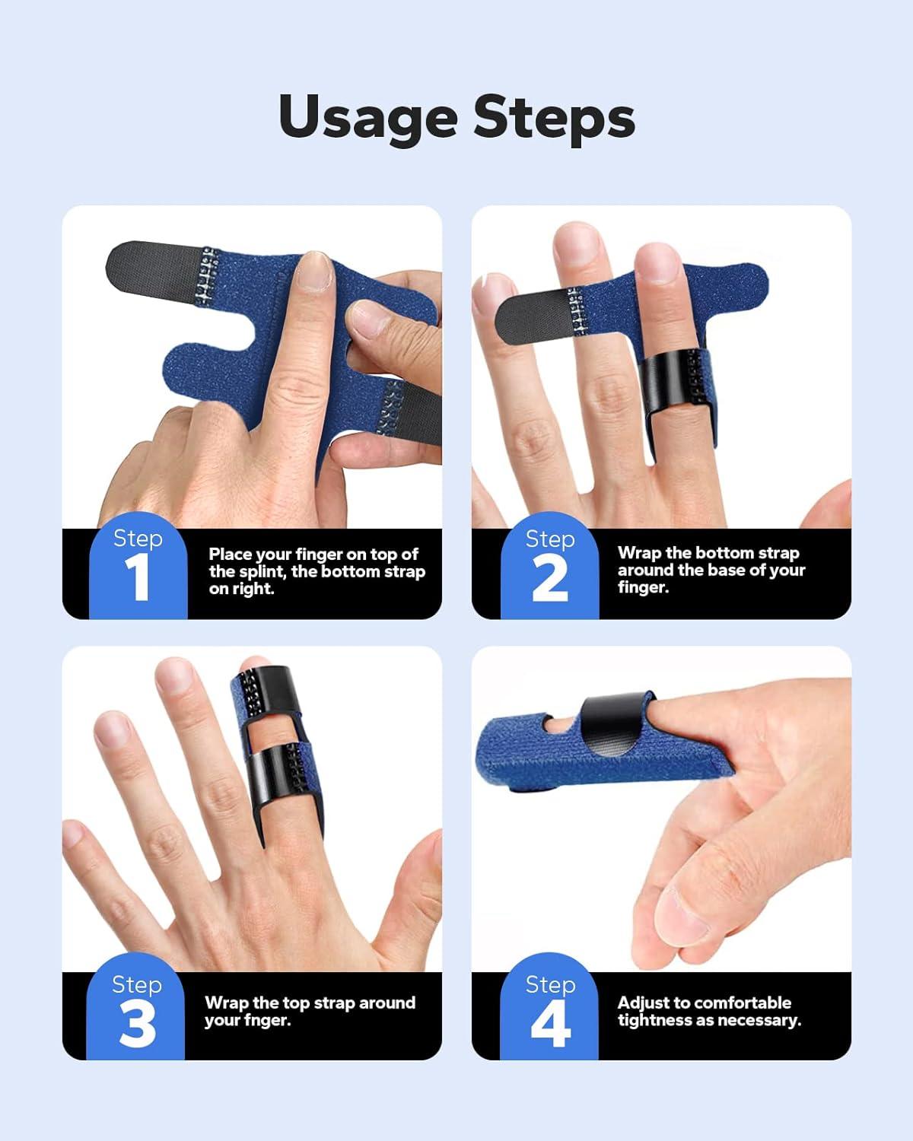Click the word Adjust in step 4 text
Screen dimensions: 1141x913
[644, 1003]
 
